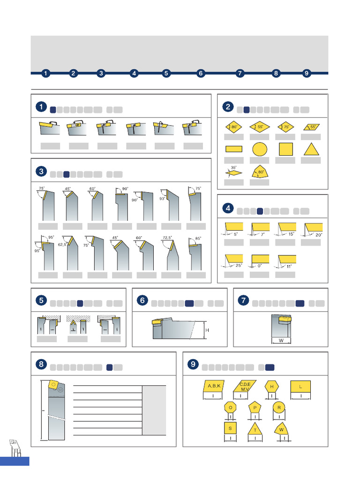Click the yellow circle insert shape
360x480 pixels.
[260, 150]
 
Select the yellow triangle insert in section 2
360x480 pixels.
[311, 150]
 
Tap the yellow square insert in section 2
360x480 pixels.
[286, 149]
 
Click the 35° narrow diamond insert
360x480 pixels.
[233, 173]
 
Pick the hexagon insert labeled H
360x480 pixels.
[271, 386]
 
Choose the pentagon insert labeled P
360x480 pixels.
[255, 407]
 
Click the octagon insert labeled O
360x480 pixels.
[230, 407]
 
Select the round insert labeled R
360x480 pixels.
[279, 407]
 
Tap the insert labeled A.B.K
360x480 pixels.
[214, 386]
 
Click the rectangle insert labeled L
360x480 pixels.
[300, 387]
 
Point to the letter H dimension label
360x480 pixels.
[207, 330]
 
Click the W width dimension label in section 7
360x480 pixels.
[281, 340]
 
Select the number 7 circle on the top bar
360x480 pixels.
[240, 73]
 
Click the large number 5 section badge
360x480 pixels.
[41, 300]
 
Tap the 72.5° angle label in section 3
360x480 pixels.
[167, 238]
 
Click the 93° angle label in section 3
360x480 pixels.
[162, 199]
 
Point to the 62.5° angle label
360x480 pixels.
[62, 245]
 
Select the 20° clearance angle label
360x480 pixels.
[319, 235]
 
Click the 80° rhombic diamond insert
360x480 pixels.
[233, 127]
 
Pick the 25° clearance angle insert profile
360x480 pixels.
[234, 259]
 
